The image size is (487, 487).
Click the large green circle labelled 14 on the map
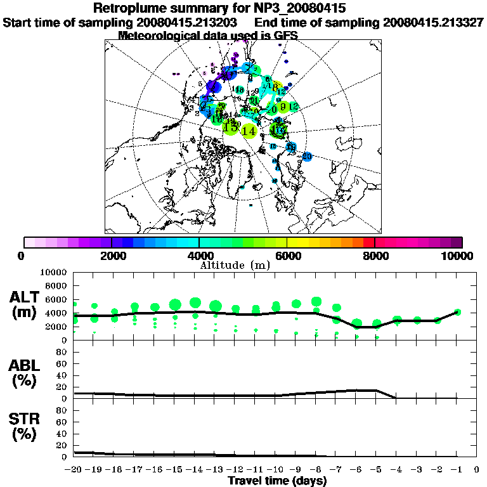(249, 131)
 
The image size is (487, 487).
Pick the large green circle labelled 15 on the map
(231, 127)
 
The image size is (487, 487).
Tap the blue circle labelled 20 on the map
(307, 156)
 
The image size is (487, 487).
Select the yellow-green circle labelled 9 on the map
(283, 107)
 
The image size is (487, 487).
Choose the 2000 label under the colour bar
(112, 256)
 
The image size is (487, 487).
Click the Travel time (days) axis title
(277, 481)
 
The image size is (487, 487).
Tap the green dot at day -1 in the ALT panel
(457, 312)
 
